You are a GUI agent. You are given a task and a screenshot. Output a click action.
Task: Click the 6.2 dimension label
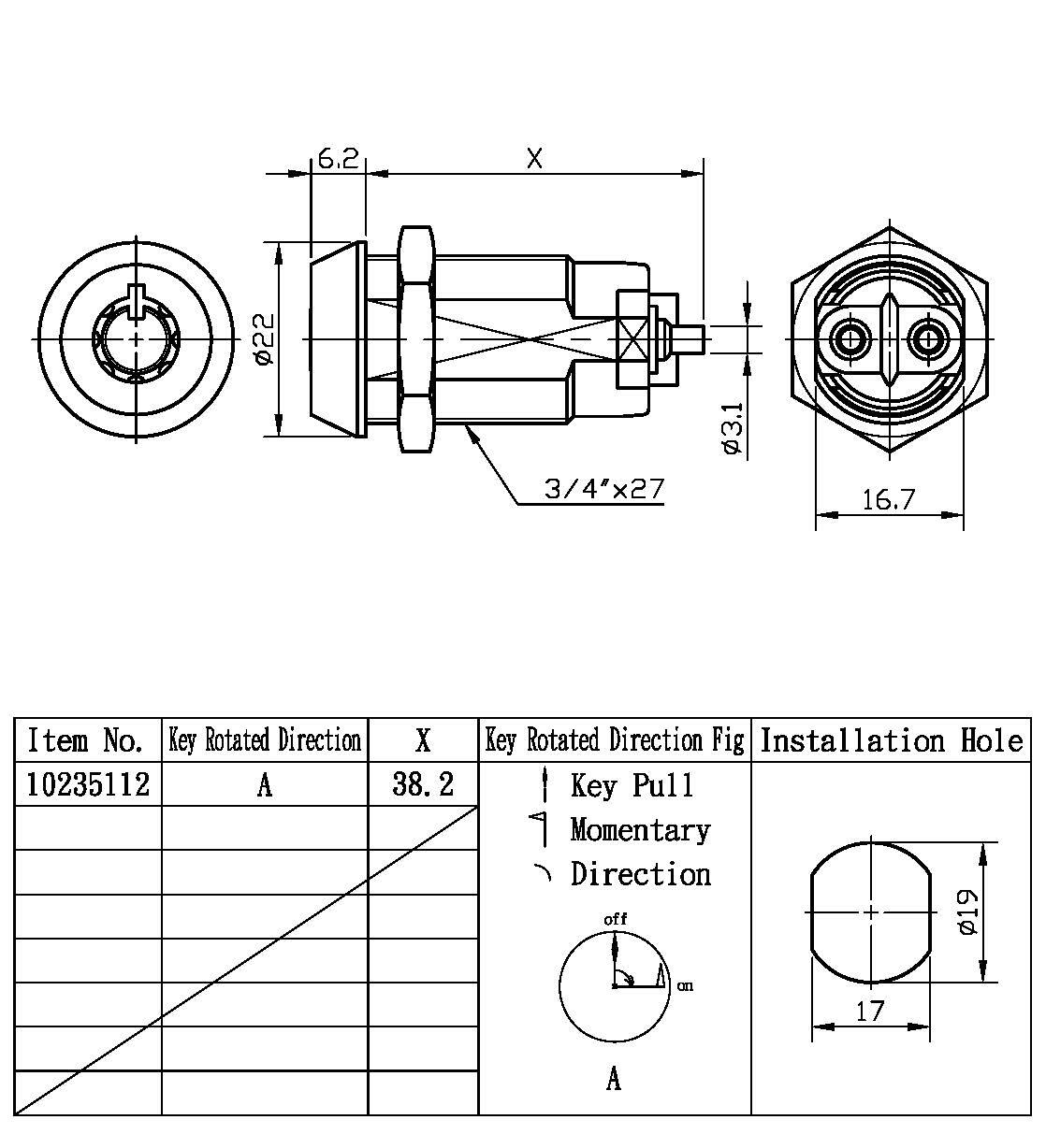pyautogui.click(x=338, y=160)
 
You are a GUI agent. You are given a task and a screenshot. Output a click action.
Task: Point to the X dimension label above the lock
pyautogui.click(x=534, y=160)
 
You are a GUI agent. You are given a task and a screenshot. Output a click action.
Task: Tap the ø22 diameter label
pyautogui.click(x=263, y=339)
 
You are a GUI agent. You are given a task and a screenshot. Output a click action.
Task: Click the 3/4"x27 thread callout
pyautogui.click(x=604, y=489)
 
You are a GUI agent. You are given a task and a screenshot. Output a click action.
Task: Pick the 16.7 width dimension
pyautogui.click(x=887, y=500)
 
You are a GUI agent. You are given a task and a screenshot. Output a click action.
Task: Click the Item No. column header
pyautogui.click(x=86, y=741)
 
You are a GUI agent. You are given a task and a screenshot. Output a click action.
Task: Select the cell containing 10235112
pyautogui.click(x=88, y=783)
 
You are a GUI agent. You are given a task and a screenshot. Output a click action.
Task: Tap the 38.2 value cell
pyautogui.click(x=423, y=783)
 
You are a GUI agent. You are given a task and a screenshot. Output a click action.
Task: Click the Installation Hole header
pyautogui.click(x=891, y=741)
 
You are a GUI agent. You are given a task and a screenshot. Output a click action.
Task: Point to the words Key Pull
pyautogui.click(x=632, y=785)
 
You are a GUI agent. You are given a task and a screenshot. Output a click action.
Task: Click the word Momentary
pyautogui.click(x=640, y=829)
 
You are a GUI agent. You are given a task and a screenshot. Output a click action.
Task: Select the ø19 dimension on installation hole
pyautogui.click(x=968, y=912)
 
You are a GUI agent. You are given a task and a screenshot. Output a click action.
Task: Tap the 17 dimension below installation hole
pyautogui.click(x=870, y=1011)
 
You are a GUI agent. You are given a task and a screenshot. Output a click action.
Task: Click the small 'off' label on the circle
pyautogui.click(x=615, y=919)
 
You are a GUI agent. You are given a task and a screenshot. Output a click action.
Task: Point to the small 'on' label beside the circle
pyautogui.click(x=685, y=985)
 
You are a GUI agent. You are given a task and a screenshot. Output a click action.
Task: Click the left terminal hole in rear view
pyautogui.click(x=850, y=338)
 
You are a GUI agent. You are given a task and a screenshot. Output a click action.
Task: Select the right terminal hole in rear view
pyautogui.click(x=927, y=338)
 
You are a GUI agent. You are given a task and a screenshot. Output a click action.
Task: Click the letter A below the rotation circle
pyautogui.click(x=614, y=1080)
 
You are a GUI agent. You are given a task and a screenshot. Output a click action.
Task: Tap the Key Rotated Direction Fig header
pyautogui.click(x=615, y=741)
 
